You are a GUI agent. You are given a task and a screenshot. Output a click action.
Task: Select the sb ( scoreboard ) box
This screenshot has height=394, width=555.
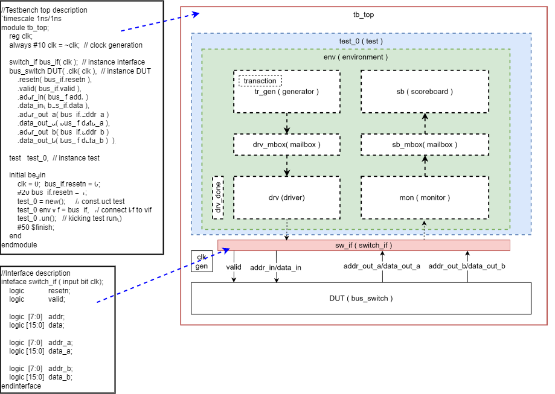click(424, 92)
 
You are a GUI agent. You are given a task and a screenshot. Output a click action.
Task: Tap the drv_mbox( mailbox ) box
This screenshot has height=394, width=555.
click(286, 144)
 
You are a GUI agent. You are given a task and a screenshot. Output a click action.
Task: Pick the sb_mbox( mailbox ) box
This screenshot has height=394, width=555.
click(424, 144)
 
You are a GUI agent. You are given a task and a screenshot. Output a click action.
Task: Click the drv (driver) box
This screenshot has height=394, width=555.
click(286, 197)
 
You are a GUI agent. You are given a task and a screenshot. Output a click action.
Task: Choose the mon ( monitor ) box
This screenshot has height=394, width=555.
click(424, 197)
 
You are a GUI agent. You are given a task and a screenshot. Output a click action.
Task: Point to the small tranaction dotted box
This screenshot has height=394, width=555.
click(260, 81)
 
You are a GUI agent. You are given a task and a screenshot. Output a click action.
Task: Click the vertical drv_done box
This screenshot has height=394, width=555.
click(218, 198)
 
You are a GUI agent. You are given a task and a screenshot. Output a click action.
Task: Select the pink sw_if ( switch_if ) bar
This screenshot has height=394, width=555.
click(364, 245)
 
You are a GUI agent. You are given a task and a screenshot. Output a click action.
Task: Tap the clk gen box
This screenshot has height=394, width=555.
click(202, 261)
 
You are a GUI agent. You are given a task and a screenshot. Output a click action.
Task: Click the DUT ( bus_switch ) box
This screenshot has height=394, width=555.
click(361, 298)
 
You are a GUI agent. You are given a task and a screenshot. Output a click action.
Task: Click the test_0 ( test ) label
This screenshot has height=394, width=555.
click(361, 41)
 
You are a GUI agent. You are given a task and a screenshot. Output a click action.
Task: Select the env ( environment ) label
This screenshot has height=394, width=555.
click(356, 57)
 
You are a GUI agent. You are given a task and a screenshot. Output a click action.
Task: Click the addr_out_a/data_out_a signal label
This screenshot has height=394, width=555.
click(382, 266)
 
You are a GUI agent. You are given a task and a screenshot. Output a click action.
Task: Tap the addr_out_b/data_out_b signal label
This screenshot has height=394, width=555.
click(467, 266)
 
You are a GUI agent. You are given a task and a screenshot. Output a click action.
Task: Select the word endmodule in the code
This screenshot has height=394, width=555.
click(19, 245)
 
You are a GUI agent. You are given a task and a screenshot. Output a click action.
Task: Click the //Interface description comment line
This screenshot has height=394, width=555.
click(36, 273)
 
